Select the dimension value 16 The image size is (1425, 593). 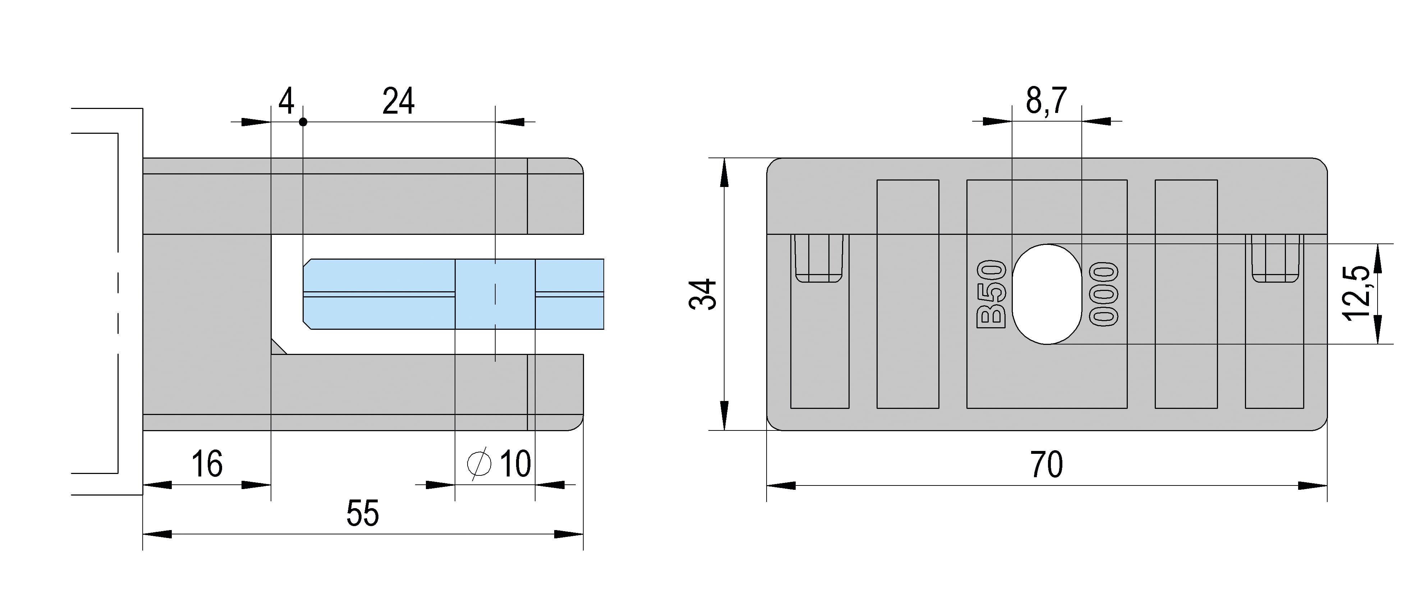[x=207, y=464]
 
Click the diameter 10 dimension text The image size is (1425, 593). [x=499, y=464]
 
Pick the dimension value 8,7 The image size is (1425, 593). [x=1046, y=101]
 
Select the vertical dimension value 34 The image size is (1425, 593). [x=704, y=294]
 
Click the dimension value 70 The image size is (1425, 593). [x=1047, y=465]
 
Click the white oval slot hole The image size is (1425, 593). [x=1047, y=294]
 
